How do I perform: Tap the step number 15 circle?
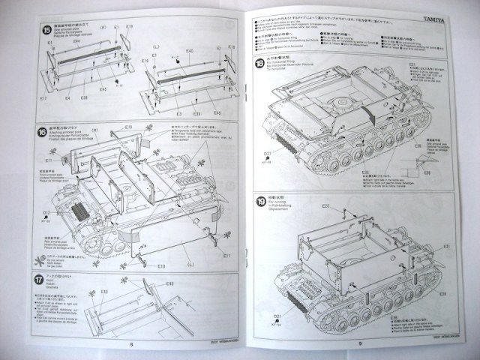point(46,31)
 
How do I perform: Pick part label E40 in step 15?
point(189,51)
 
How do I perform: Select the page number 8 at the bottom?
point(130,345)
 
